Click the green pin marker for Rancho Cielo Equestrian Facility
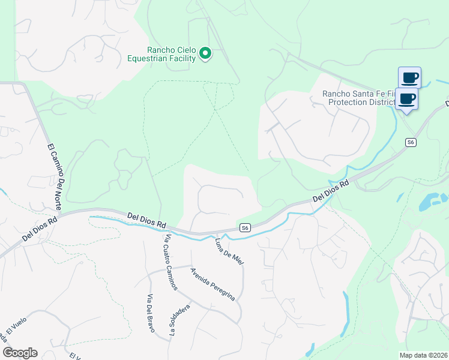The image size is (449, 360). (205, 54)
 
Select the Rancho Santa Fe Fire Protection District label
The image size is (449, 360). (359, 98)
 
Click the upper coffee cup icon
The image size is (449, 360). (409, 77)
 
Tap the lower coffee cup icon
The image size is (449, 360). (406, 98)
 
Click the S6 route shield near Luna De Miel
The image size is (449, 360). (244, 227)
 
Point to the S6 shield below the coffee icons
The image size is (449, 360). (410, 142)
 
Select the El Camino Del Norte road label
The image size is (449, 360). (54, 174)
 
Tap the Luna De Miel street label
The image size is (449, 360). (229, 252)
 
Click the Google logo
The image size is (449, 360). (20, 353)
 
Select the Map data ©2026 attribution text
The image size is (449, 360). (423, 355)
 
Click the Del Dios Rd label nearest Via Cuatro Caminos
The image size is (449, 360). (146, 220)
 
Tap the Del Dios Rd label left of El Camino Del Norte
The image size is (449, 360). (40, 229)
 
